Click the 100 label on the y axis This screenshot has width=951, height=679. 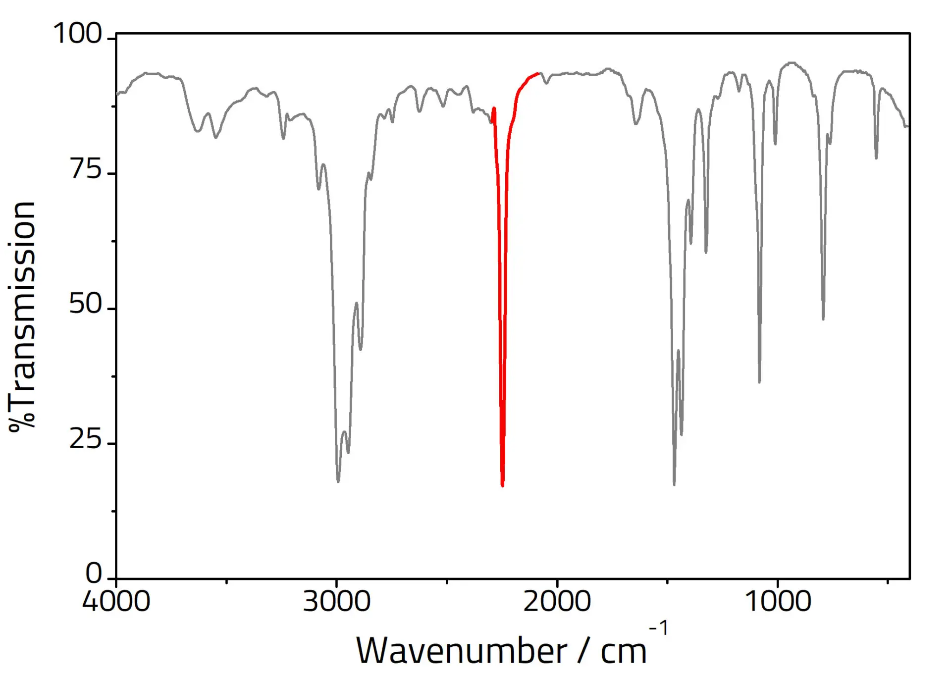[77, 34]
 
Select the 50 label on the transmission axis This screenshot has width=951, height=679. [85, 304]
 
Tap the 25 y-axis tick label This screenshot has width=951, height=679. [85, 439]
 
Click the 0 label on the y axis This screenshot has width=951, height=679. [93, 574]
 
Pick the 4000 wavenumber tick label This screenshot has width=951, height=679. [116, 601]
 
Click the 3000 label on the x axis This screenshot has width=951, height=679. [336, 601]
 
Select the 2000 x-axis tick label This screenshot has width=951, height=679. [557, 601]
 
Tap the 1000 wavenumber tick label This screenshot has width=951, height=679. [777, 601]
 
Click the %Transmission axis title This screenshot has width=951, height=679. [22, 317]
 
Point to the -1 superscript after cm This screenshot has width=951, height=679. [659, 628]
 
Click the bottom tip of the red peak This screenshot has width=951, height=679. [503, 485]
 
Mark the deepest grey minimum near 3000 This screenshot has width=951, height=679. [338, 481]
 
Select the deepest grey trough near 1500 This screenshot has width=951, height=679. [674, 484]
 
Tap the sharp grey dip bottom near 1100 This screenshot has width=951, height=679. [759, 382]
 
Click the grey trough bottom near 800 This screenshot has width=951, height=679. [823, 319]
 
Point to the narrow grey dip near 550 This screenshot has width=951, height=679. [876, 158]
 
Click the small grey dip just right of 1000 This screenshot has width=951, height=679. [775, 144]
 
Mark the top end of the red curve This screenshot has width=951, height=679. [538, 73]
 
